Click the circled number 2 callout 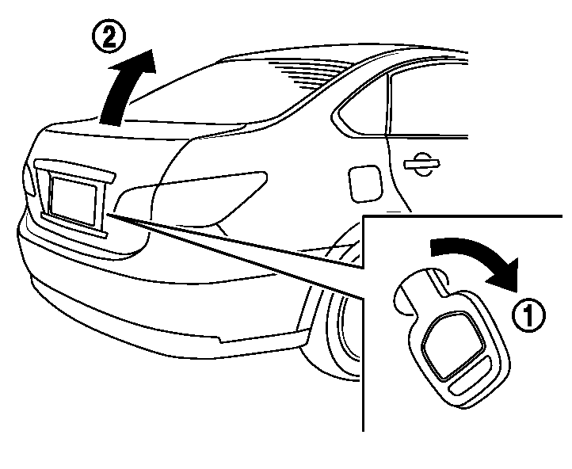coord(109,38)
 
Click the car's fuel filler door coord(365,184)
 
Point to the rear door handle coord(421,164)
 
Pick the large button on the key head coord(452,345)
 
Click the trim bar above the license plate coord(74,170)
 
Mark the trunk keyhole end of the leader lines coord(108,215)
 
